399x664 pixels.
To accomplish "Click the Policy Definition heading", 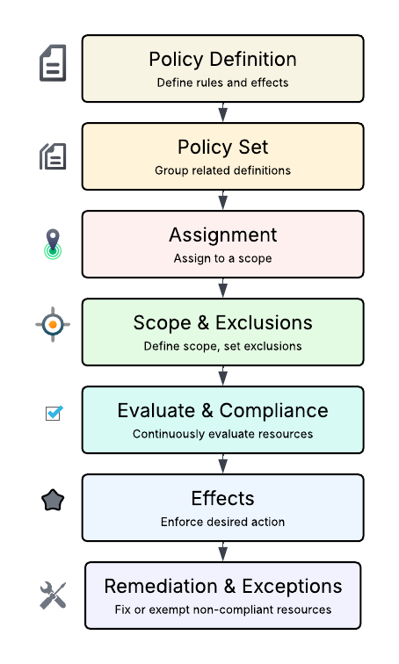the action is click(x=222, y=60).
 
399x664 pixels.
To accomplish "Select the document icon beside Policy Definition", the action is click(x=53, y=62).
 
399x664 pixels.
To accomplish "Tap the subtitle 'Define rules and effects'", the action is click(x=222, y=83).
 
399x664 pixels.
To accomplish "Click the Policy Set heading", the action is click(x=222, y=148).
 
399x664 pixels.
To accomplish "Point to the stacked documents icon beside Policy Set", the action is click(x=53, y=156).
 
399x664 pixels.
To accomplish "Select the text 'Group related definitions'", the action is click(x=222, y=170).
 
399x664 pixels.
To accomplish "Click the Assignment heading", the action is click(x=223, y=235).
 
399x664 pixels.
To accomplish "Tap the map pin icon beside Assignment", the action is click(x=53, y=244).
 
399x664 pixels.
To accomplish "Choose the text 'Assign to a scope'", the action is click(x=222, y=258).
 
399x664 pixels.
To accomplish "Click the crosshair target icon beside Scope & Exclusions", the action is click(x=53, y=324).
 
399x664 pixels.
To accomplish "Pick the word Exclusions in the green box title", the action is click(x=264, y=322).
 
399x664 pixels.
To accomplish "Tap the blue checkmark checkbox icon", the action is click(x=54, y=413).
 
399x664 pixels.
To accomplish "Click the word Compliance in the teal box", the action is click(x=273, y=411).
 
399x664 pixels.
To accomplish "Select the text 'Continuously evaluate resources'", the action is click(x=222, y=434).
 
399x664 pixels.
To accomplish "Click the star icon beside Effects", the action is click(x=53, y=500).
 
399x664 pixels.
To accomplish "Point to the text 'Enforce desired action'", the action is click(x=222, y=522).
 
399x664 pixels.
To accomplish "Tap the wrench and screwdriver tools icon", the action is click(x=53, y=595).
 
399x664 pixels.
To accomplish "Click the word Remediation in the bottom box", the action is click(x=161, y=587).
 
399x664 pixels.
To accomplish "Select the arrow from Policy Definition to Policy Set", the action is click(x=223, y=112).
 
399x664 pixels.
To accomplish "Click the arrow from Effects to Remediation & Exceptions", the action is click(x=223, y=552).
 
